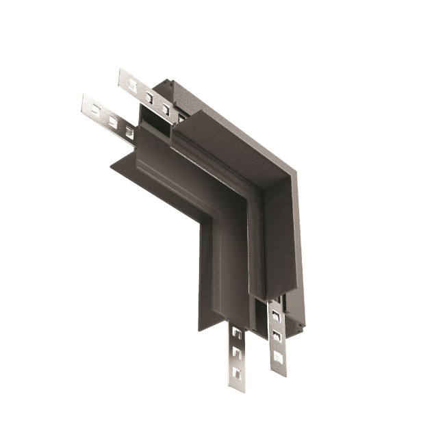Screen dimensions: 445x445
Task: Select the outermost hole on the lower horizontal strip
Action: tap(94, 109)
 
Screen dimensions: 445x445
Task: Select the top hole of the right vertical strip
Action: tap(275, 316)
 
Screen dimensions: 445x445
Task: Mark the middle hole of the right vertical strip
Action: tap(276, 336)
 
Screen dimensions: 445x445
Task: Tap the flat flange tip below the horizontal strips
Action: tap(112, 165)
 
